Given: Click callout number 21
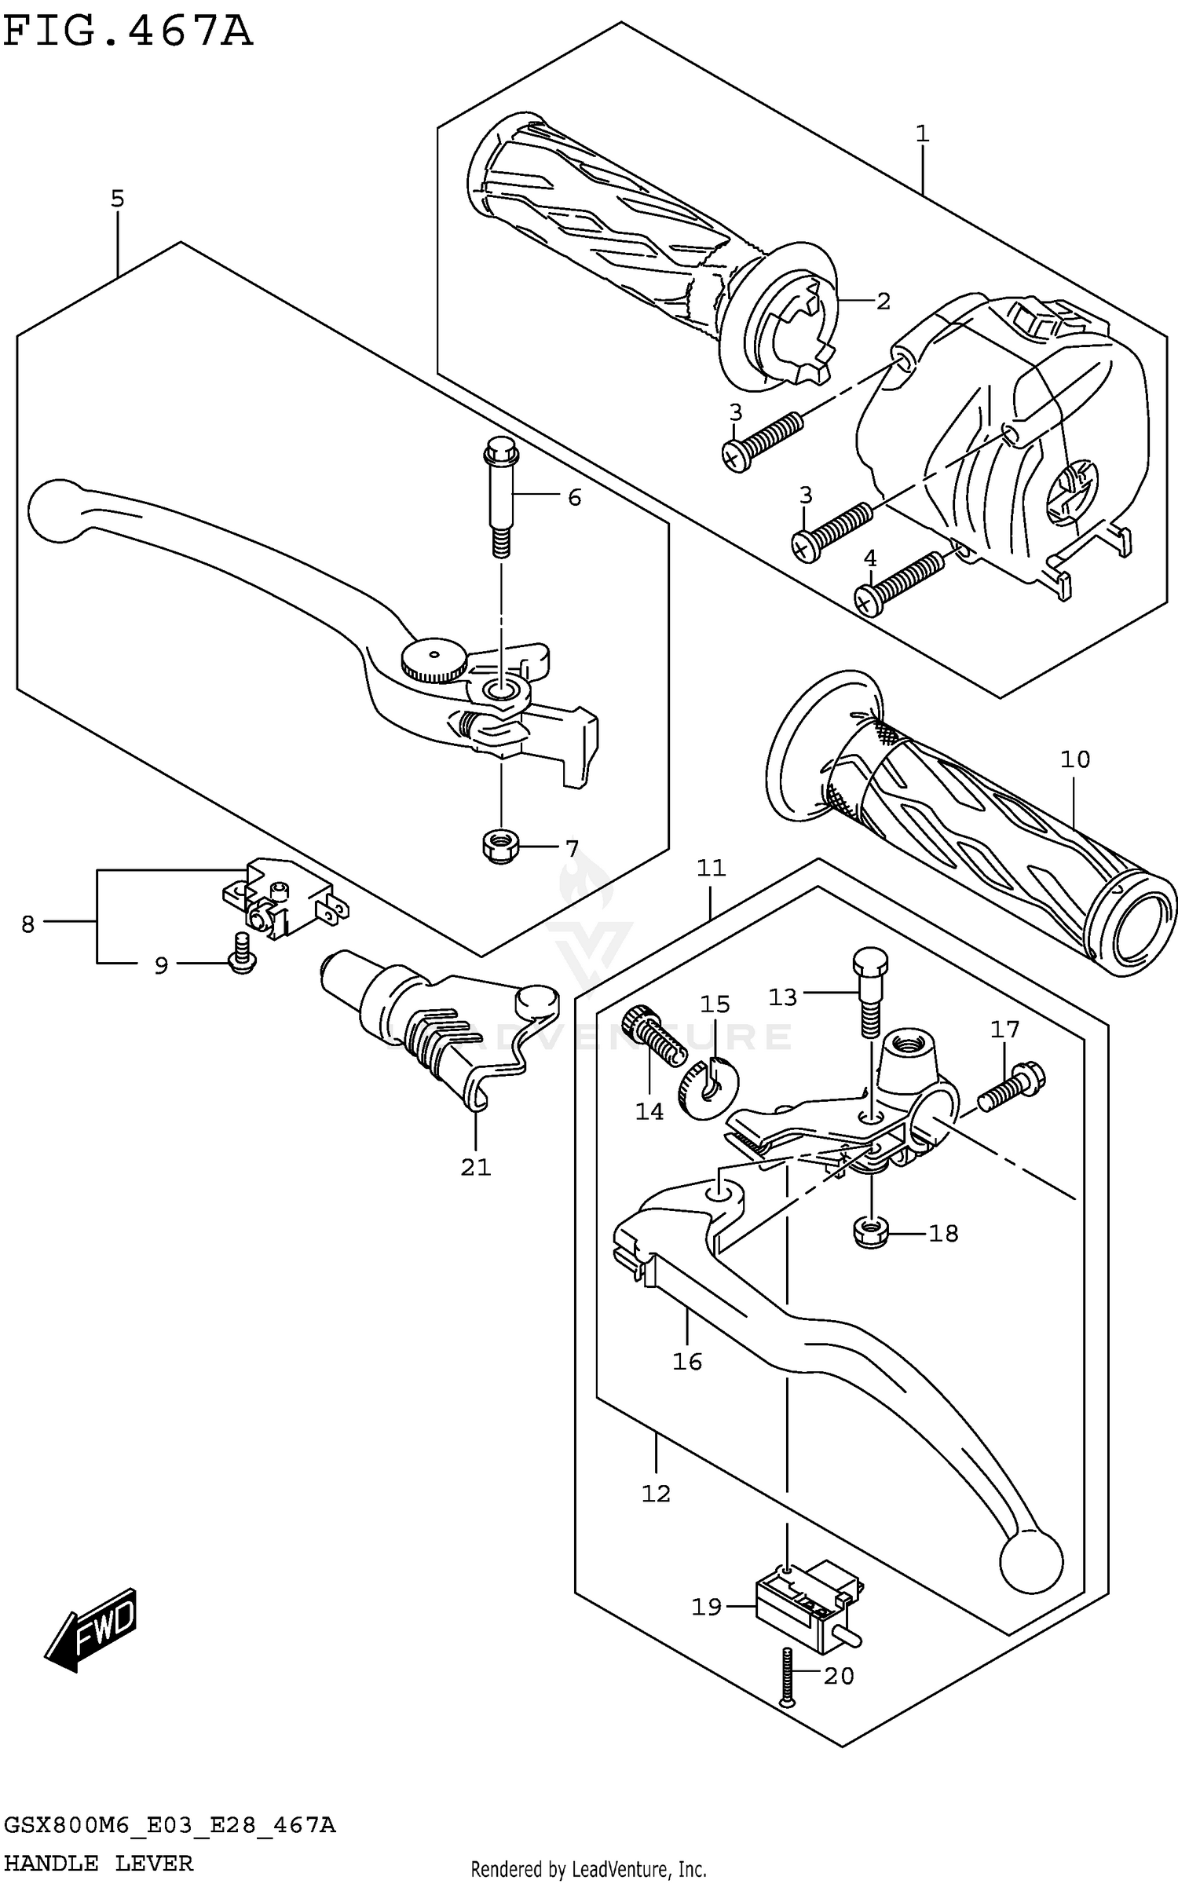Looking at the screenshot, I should click(x=476, y=1168).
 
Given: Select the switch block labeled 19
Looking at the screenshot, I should click(x=804, y=1602).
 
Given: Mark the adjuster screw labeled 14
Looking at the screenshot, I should click(x=648, y=1037).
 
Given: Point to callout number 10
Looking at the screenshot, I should click(x=1075, y=759).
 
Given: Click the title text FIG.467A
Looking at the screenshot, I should click(x=128, y=33).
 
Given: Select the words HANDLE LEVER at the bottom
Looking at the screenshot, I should click(x=98, y=1863).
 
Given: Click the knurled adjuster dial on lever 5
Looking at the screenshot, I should click(x=434, y=660).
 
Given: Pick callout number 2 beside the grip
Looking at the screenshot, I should click(x=883, y=301).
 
